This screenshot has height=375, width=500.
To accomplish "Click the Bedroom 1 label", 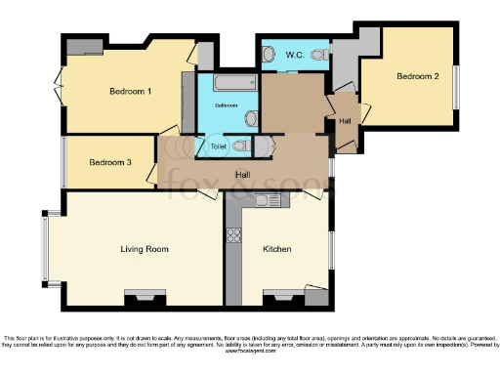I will pos(130,92).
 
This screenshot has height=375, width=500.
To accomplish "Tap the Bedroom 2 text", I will pos(416,75).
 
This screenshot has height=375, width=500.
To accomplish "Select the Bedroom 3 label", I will pos(109,162).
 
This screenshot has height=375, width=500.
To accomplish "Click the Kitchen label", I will pos(277,250).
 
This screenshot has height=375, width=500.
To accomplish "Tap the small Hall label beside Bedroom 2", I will pos(345,121).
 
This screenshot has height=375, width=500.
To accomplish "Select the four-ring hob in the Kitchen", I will pos(234,234).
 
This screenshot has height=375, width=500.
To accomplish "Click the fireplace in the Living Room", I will pos(145,295).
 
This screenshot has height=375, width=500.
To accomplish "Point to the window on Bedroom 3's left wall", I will pos(63,161).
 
